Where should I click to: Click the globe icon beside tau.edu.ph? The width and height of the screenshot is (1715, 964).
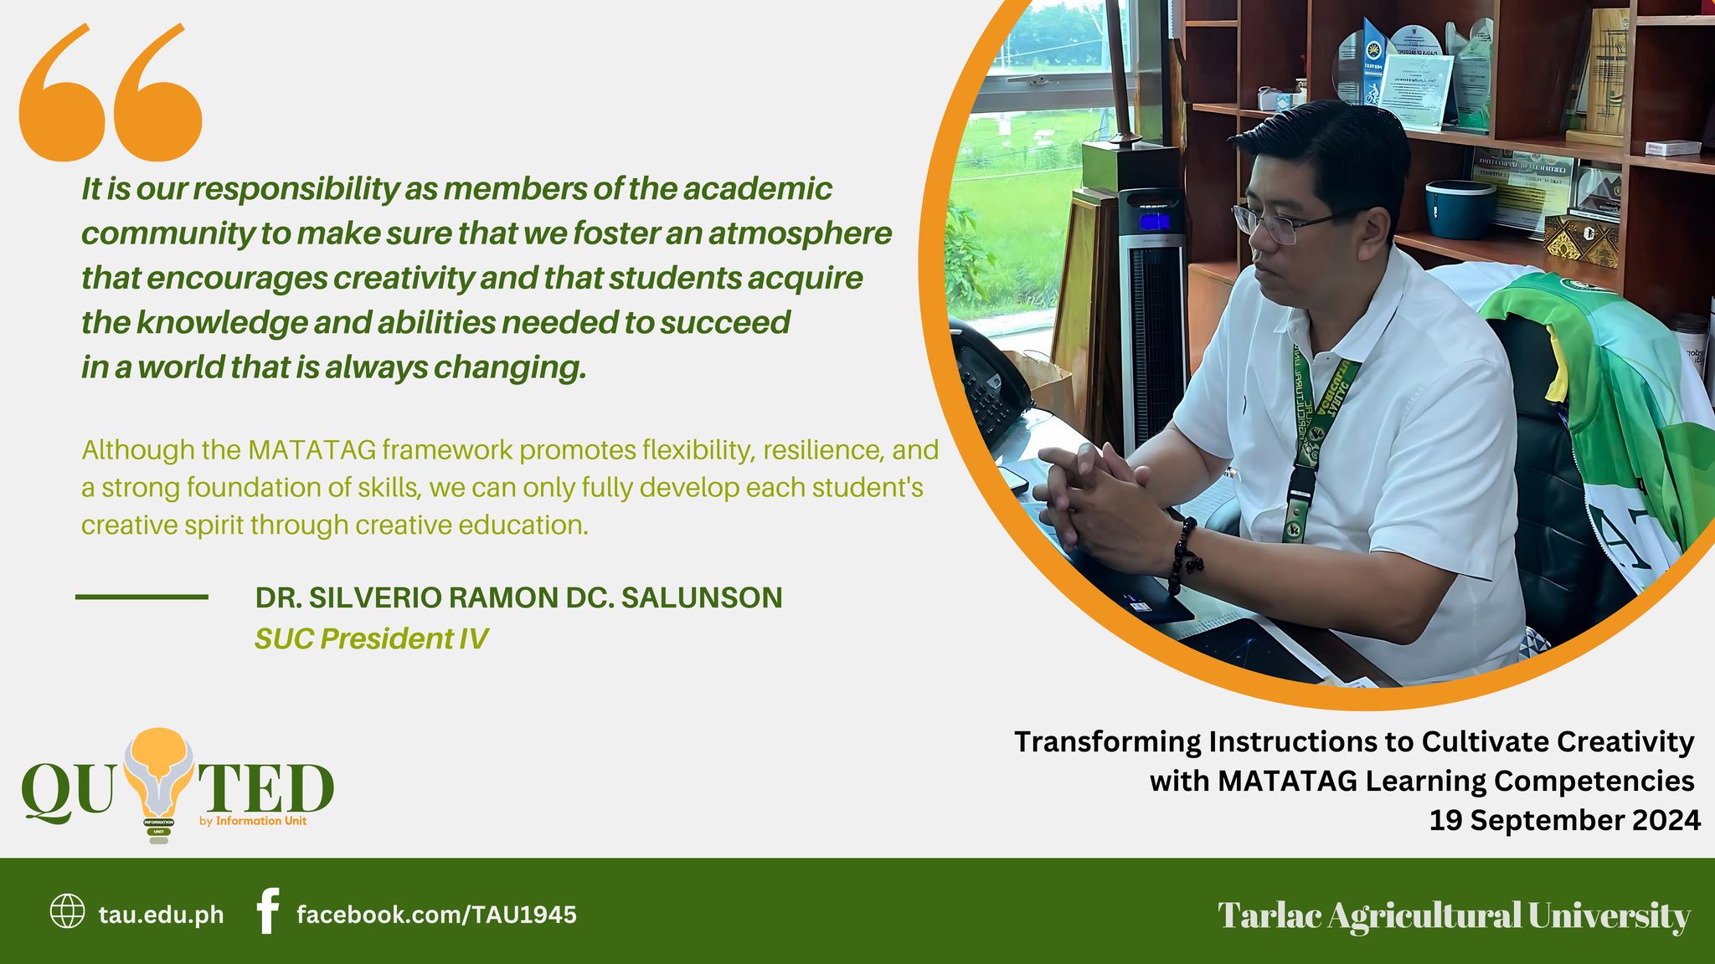(67, 911)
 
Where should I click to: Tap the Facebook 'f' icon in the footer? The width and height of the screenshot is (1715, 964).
(267, 911)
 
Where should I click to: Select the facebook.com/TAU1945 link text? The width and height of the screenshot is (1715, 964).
(436, 915)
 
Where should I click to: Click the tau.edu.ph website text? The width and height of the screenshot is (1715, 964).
(162, 915)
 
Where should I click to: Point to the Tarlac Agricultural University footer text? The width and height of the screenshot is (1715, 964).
(1454, 915)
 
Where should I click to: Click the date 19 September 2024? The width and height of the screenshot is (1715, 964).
(1564, 820)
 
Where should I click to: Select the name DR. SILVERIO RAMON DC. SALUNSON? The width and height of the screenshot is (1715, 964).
(518, 597)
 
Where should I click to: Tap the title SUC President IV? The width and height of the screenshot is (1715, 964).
(371, 638)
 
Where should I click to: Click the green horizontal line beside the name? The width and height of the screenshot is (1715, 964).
(142, 597)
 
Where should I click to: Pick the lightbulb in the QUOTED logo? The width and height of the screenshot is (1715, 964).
(159, 778)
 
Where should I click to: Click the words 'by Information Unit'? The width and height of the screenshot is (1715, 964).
(253, 821)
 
